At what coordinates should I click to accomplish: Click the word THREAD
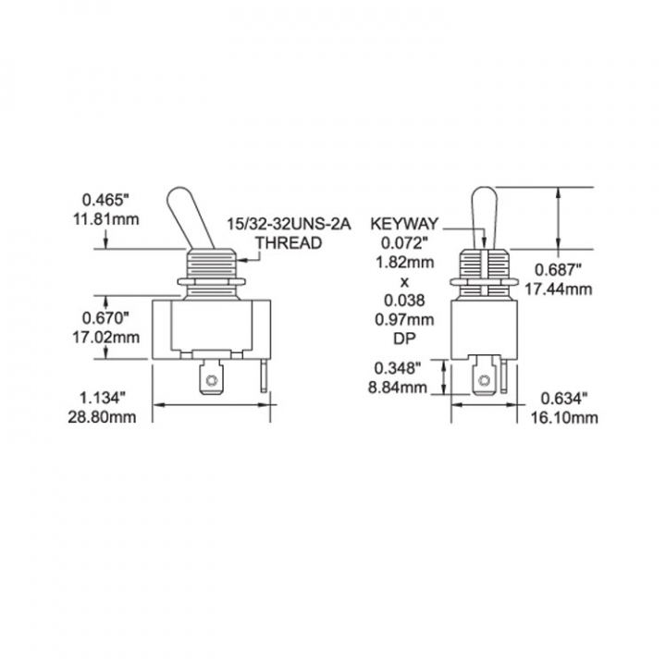[x=288, y=244]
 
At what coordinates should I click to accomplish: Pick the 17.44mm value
[x=564, y=290]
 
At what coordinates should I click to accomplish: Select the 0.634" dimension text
[x=563, y=399]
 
